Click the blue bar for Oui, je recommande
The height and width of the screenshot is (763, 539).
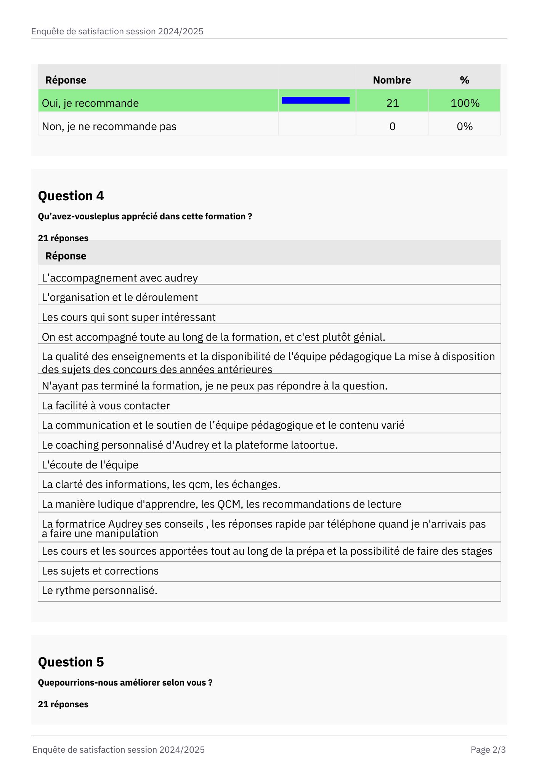click(316, 100)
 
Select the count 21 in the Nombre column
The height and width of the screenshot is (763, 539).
click(392, 103)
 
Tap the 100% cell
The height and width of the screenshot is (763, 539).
click(465, 103)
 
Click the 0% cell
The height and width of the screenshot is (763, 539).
click(465, 126)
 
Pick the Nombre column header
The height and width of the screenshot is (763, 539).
click(392, 80)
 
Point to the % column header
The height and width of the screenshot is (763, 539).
click(464, 80)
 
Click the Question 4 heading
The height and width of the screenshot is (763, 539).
click(71, 196)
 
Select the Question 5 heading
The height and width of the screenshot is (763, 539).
click(71, 662)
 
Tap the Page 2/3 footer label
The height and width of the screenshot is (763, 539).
click(488, 750)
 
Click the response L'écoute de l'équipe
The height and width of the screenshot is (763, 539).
click(90, 465)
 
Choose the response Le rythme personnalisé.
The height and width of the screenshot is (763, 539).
click(99, 590)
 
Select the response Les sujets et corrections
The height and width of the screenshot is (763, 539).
click(100, 571)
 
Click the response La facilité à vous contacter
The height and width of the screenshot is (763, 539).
click(106, 406)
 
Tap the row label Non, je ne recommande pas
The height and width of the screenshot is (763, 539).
click(109, 126)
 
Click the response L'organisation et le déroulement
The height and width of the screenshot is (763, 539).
click(120, 297)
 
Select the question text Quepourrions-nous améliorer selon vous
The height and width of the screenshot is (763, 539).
click(125, 683)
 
